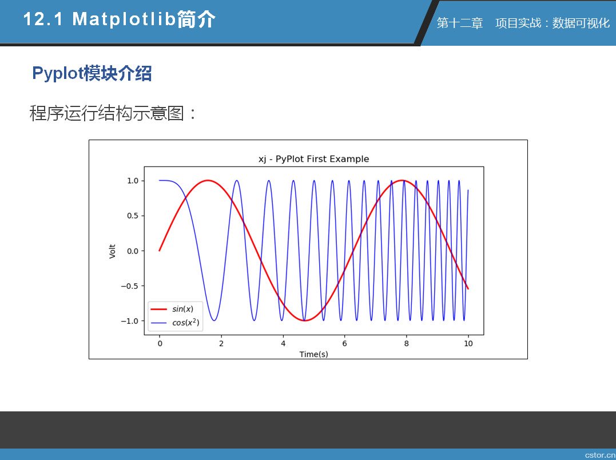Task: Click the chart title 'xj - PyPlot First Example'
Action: [313, 159]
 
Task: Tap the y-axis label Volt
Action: [112, 251]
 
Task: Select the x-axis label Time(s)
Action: [313, 354]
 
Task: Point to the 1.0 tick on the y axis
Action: [133, 181]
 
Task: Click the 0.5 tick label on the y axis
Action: [133, 216]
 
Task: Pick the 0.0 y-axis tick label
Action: [133, 251]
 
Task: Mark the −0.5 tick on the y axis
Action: [130, 286]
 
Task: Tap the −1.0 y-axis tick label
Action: [130, 321]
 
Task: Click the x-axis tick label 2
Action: [221, 343]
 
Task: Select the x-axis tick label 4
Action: [283, 343]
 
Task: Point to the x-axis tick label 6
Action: [344, 343]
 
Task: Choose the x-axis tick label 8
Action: [406, 343]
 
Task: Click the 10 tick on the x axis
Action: [468, 343]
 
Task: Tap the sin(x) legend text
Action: [182, 309]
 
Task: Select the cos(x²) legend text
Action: [186, 323]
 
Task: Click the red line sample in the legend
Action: [158, 309]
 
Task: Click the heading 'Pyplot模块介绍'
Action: [92, 73]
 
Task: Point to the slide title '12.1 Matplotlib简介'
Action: [120, 19]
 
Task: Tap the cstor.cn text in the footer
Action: [600, 455]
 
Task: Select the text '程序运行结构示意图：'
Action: [113, 113]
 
